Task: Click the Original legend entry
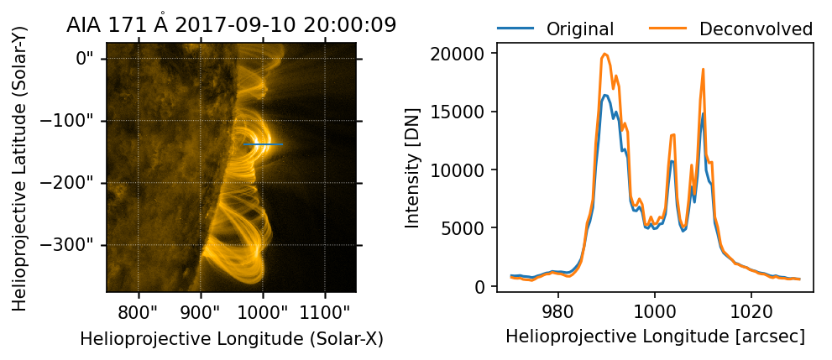[580, 29]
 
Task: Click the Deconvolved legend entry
[756, 29]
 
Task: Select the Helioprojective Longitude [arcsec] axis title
[656, 337]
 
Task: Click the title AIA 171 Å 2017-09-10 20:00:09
[232, 25]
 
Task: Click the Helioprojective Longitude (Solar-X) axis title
[231, 339]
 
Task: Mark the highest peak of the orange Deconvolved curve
[605, 54]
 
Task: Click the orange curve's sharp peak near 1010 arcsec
[703, 69]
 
